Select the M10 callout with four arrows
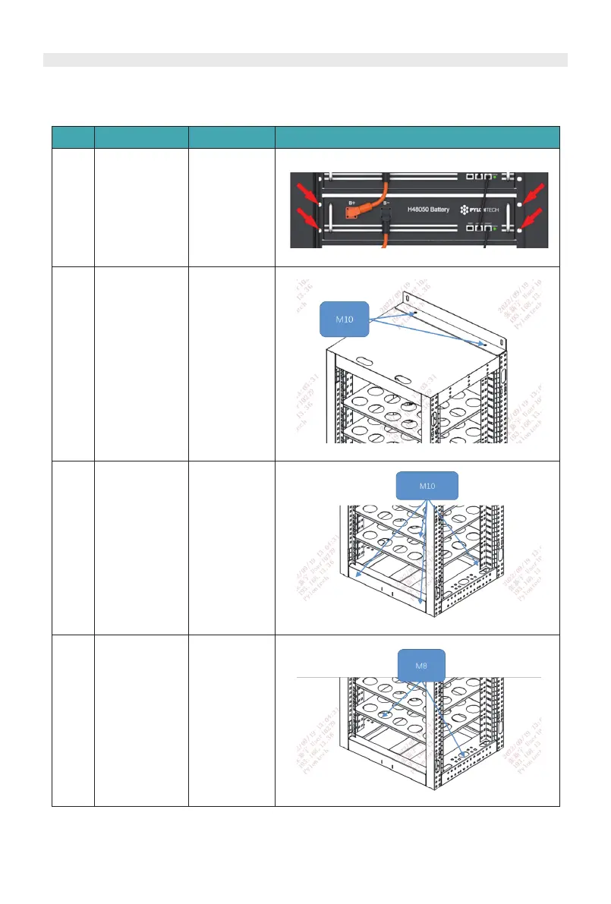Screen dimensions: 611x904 [427, 485]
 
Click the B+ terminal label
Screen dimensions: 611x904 [352, 203]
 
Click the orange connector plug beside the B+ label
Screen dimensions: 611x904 [357, 213]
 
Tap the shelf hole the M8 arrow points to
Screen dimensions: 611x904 [388, 714]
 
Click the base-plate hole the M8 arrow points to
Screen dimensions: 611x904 [463, 756]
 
